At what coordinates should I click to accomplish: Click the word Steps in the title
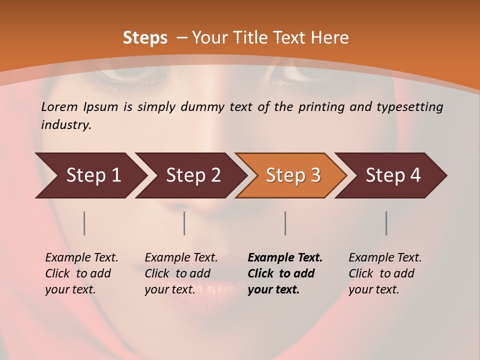145,38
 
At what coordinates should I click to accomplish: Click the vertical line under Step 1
84,223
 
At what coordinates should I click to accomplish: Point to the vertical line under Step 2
184,223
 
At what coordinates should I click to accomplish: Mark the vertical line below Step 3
285,223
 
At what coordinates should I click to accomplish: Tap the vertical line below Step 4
386,223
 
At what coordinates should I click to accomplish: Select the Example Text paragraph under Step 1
81,273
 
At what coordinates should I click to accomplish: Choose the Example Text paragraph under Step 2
181,273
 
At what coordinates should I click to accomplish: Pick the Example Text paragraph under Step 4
385,273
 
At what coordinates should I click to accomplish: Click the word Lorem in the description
59,107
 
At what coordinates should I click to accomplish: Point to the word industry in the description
66,125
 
